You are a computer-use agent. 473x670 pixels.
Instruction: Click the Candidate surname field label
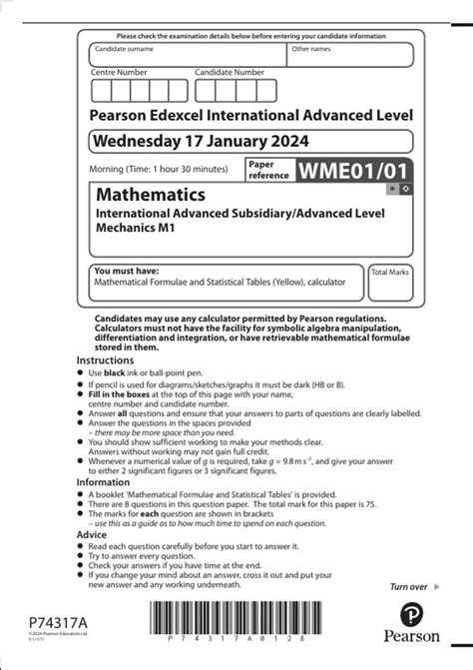click(126, 48)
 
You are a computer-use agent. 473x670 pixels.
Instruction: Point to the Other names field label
click(311, 48)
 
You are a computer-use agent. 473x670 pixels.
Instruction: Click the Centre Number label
click(119, 72)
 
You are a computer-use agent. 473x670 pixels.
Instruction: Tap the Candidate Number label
click(230, 72)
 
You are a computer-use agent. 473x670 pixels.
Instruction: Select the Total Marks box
click(390, 284)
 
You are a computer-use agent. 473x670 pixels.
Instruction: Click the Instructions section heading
click(105, 359)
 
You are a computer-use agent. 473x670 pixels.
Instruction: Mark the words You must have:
click(122, 271)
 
